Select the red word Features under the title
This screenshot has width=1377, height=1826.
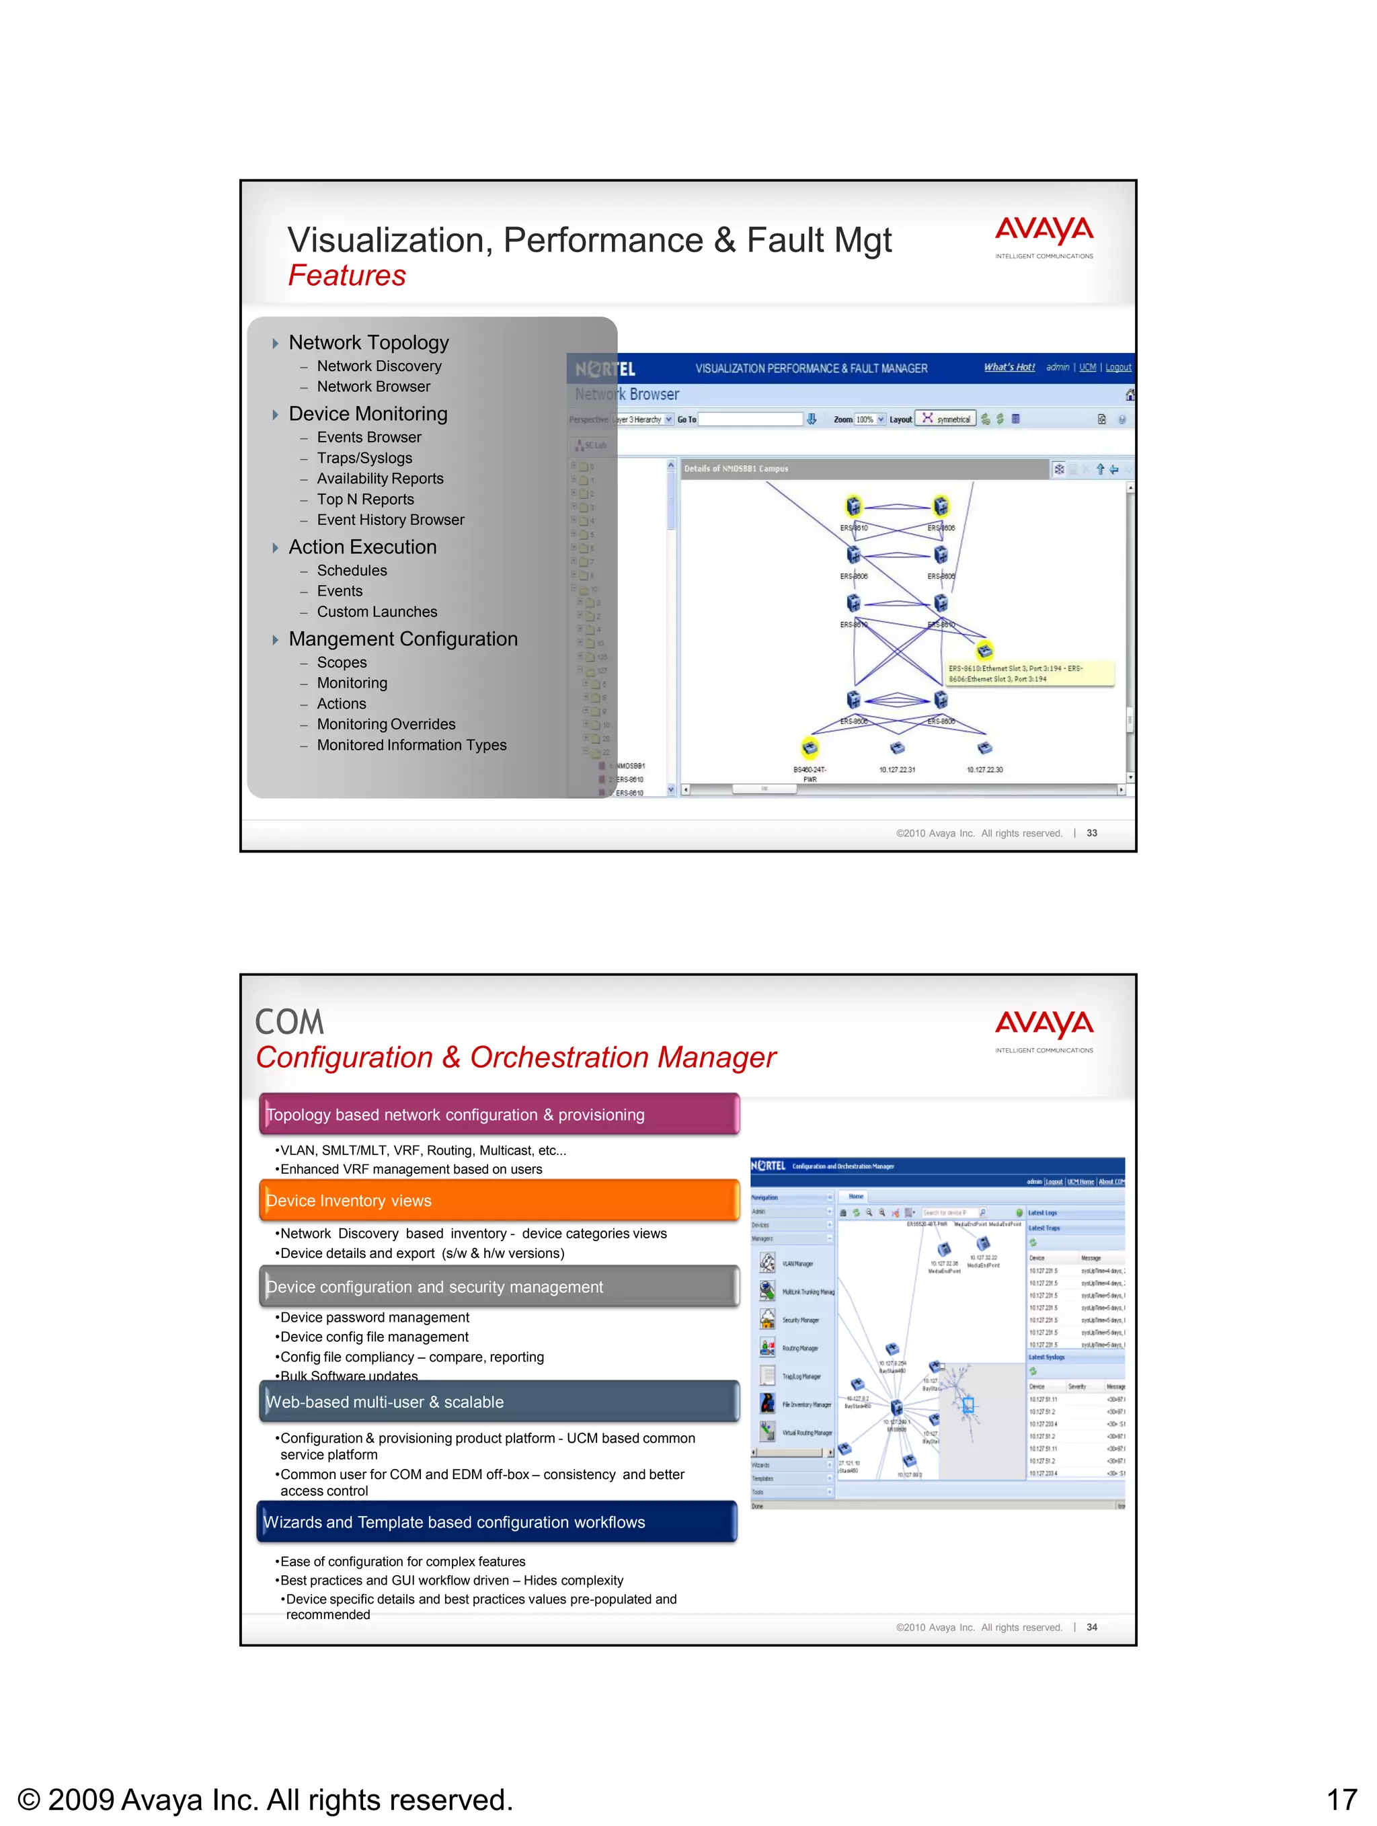347,276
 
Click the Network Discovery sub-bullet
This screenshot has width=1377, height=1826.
379,366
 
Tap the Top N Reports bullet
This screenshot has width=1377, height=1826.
365,500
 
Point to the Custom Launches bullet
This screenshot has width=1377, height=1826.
377,612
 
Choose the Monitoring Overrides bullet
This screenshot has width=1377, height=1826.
385,724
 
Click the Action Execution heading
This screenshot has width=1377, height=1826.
362,547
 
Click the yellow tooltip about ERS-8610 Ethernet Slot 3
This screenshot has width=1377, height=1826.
1029,674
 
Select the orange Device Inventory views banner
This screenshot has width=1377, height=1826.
499,1200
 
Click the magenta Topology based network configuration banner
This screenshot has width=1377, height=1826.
499,1115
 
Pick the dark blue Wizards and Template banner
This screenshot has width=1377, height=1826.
496,1522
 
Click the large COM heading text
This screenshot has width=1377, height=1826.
289,1022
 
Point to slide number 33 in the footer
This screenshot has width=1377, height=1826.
1091,833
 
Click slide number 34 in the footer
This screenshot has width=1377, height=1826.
1091,1627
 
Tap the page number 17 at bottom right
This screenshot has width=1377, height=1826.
1341,1800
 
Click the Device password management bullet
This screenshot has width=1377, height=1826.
374,1318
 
